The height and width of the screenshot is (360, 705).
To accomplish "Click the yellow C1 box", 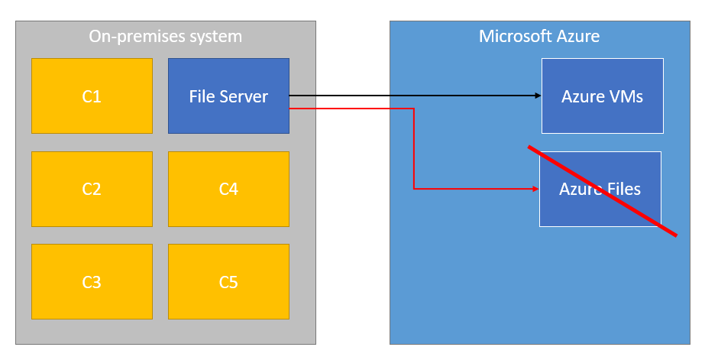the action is click(x=92, y=96).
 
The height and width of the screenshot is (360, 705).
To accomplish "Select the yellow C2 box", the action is click(x=92, y=189).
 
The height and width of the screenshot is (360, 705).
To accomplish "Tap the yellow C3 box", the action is click(x=92, y=282).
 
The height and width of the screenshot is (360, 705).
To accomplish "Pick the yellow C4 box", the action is click(x=228, y=189).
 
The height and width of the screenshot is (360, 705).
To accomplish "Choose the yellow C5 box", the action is click(x=228, y=282).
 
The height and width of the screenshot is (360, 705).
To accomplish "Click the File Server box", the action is click(x=228, y=96).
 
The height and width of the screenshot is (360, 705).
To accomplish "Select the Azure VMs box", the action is click(x=603, y=96).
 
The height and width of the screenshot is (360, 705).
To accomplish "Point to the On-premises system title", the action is click(x=166, y=37).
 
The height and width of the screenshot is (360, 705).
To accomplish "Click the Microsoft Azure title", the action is click(x=539, y=37).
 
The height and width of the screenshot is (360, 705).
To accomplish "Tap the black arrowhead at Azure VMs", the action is click(x=538, y=96).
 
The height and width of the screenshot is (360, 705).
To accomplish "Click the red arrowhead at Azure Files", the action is click(x=535, y=189).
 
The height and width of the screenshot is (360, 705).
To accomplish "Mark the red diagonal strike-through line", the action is click(x=603, y=191).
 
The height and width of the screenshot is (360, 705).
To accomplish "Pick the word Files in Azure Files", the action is click(x=623, y=189).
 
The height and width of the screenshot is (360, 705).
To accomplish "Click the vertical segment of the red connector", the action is click(x=414, y=148).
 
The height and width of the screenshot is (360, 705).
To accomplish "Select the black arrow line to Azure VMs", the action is click(x=416, y=96).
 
